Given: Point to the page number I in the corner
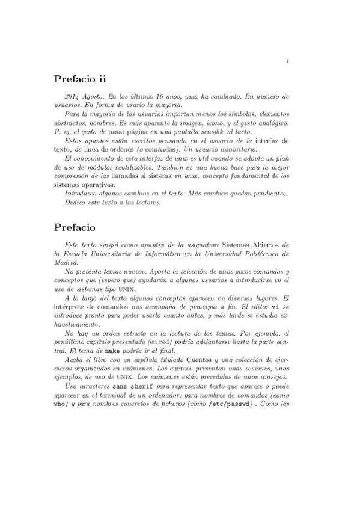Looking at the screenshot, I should (288, 61).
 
